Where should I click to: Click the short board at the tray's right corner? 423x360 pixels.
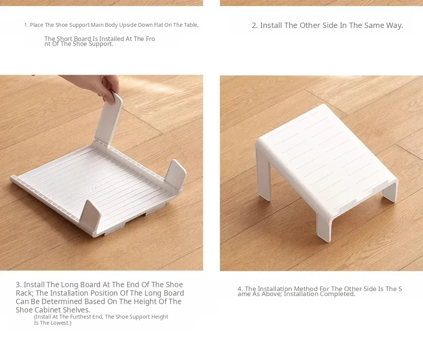coord(175,175)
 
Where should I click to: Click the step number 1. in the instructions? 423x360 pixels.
coord(26,25)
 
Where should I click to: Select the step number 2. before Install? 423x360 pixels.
coord(255,25)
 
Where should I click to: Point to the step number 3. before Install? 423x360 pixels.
coord(19,285)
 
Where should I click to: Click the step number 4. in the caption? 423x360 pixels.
coord(240,289)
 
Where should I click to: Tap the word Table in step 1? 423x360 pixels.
coord(191,25)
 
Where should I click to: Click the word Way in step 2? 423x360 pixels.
coord(394,25)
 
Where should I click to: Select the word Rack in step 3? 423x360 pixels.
coord(24,293)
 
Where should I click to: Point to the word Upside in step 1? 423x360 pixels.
coord(128,25)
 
